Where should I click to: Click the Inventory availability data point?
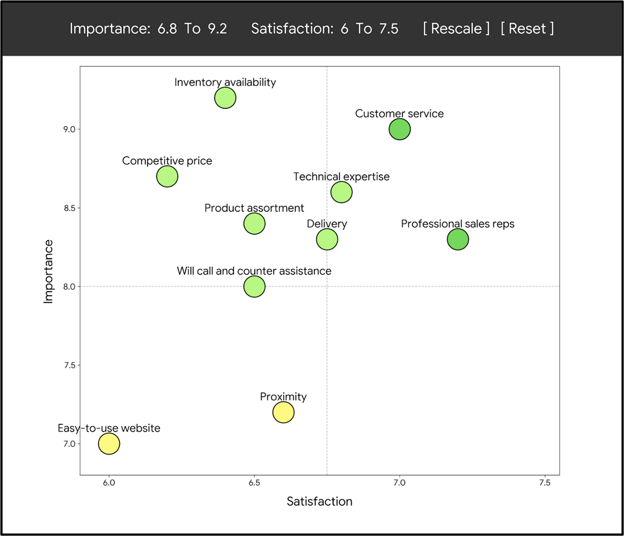(x=225, y=98)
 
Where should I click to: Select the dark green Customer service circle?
(x=399, y=129)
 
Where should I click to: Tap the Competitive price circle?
(x=167, y=177)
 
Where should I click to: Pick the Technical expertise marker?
(x=341, y=192)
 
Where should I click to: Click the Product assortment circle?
(x=254, y=224)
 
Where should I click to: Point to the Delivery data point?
(x=327, y=239)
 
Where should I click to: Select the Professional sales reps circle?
(x=457, y=239)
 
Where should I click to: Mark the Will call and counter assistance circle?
(x=254, y=287)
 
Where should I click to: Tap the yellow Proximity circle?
(x=283, y=412)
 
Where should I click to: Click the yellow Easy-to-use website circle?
(x=109, y=444)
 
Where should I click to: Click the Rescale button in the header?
(x=456, y=29)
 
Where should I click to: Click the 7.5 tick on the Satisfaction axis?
(x=544, y=483)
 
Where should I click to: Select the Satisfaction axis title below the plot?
(x=319, y=501)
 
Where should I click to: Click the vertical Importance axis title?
(x=48, y=271)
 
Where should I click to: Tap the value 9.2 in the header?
(x=217, y=29)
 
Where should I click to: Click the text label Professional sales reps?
(x=457, y=224)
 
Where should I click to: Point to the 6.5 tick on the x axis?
(x=254, y=483)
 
